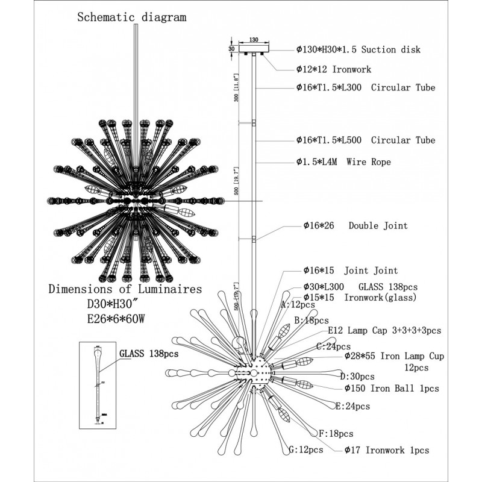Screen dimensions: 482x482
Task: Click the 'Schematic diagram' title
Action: tap(131, 17)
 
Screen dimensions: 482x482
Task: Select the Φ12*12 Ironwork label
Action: tap(333, 69)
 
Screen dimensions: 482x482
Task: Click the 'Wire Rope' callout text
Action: tap(343, 162)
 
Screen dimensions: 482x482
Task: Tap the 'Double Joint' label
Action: tap(355, 226)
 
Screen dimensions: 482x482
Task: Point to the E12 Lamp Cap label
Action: tap(384, 330)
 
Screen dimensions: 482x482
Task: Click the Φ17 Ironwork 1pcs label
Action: tap(387, 450)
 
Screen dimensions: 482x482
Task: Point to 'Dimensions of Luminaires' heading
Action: tap(125, 289)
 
